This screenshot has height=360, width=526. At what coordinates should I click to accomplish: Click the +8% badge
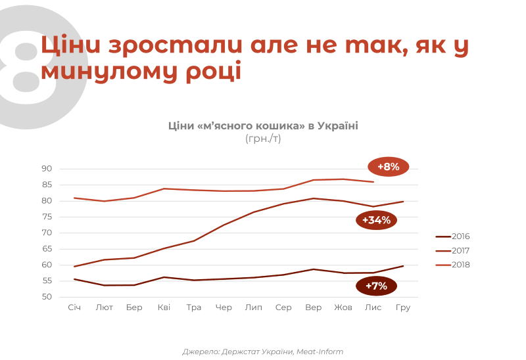389,167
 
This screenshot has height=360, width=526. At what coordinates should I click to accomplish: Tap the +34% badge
376,220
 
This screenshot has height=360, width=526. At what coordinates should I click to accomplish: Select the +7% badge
376,286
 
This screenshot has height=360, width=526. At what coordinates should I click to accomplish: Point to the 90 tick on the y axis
47,169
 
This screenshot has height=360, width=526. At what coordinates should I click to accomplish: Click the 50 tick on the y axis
47,297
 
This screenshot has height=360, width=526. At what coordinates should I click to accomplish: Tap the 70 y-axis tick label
47,233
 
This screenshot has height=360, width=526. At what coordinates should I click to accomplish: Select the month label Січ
74,307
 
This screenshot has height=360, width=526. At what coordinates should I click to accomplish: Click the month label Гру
403,307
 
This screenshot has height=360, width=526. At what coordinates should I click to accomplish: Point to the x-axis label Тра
194,307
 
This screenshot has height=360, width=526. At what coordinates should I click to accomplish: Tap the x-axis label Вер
313,307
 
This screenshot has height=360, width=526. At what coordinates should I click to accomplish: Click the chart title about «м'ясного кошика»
263,125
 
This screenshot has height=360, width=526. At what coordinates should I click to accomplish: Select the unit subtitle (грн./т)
263,139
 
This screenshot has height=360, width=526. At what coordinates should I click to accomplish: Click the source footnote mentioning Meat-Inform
263,351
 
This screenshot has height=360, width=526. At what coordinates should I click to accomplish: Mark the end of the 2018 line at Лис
373,181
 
